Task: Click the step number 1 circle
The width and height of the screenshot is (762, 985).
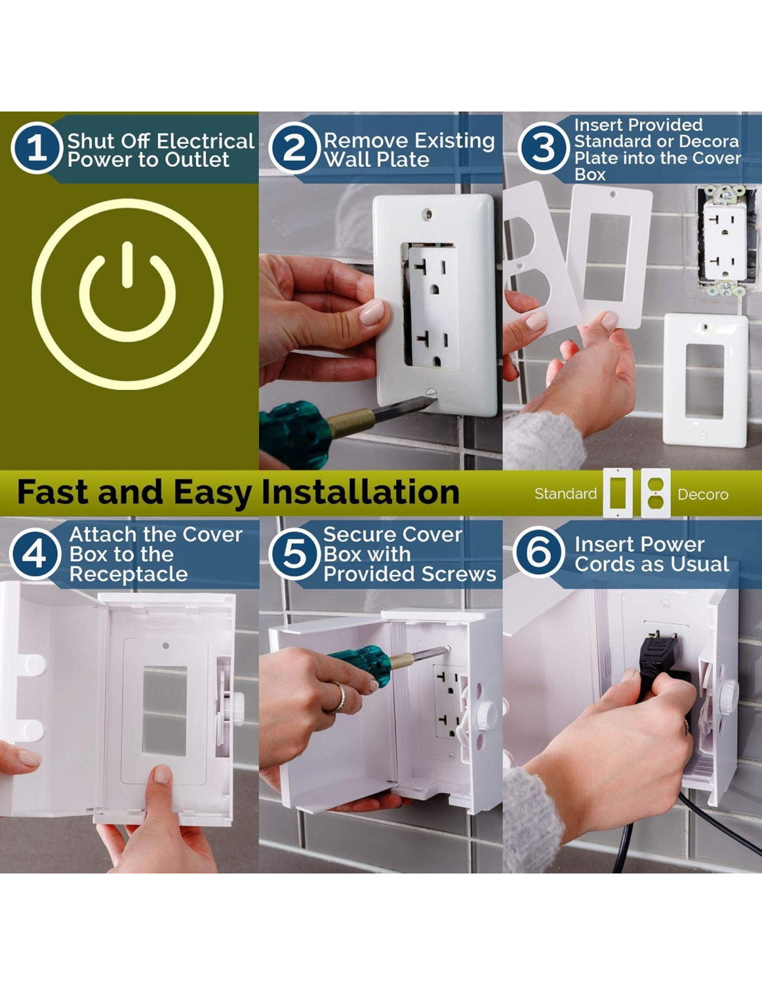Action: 36,148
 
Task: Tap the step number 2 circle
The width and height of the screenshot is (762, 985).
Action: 294,148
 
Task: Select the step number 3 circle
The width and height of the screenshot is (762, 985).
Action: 543,148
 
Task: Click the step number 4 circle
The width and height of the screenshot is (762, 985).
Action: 35,554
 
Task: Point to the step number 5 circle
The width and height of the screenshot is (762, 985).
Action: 294,554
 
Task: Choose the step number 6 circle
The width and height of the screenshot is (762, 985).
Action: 539,551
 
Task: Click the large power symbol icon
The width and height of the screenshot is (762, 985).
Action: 127,294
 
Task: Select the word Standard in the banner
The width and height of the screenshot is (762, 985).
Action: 565,494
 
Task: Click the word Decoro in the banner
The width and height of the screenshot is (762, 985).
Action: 703,495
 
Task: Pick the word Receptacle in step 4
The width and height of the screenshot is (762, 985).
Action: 128,574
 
